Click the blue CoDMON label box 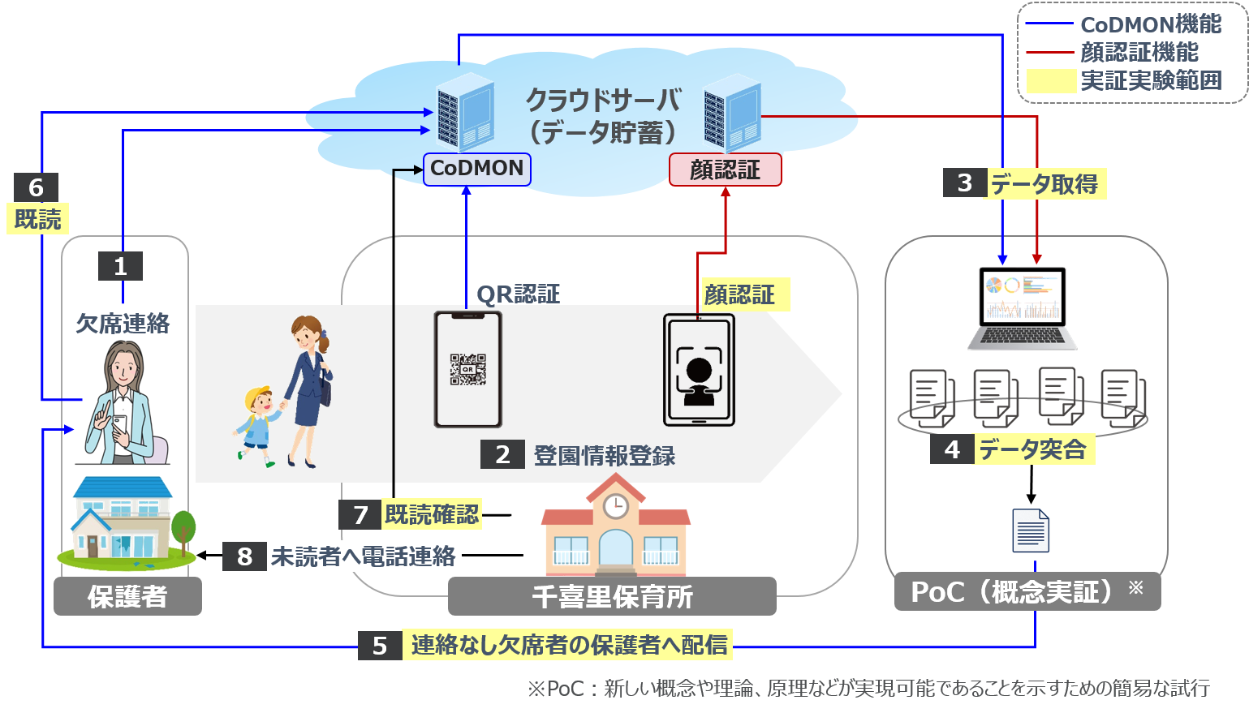[476, 169]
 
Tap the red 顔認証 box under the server [725, 170]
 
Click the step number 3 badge [964, 183]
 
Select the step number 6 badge [36, 187]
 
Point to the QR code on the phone [467, 369]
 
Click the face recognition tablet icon [699, 370]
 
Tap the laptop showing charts [1023, 308]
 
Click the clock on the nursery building [615, 506]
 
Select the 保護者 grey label [127, 597]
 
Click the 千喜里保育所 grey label [612, 597]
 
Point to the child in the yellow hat [258, 426]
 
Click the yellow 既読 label [37, 219]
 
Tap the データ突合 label [1032, 449]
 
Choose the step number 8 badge [244, 556]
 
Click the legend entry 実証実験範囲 [1150, 80]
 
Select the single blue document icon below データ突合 [1031, 530]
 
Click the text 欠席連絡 [123, 324]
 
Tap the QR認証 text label [518, 294]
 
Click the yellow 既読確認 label [431, 514]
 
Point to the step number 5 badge [380, 646]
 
